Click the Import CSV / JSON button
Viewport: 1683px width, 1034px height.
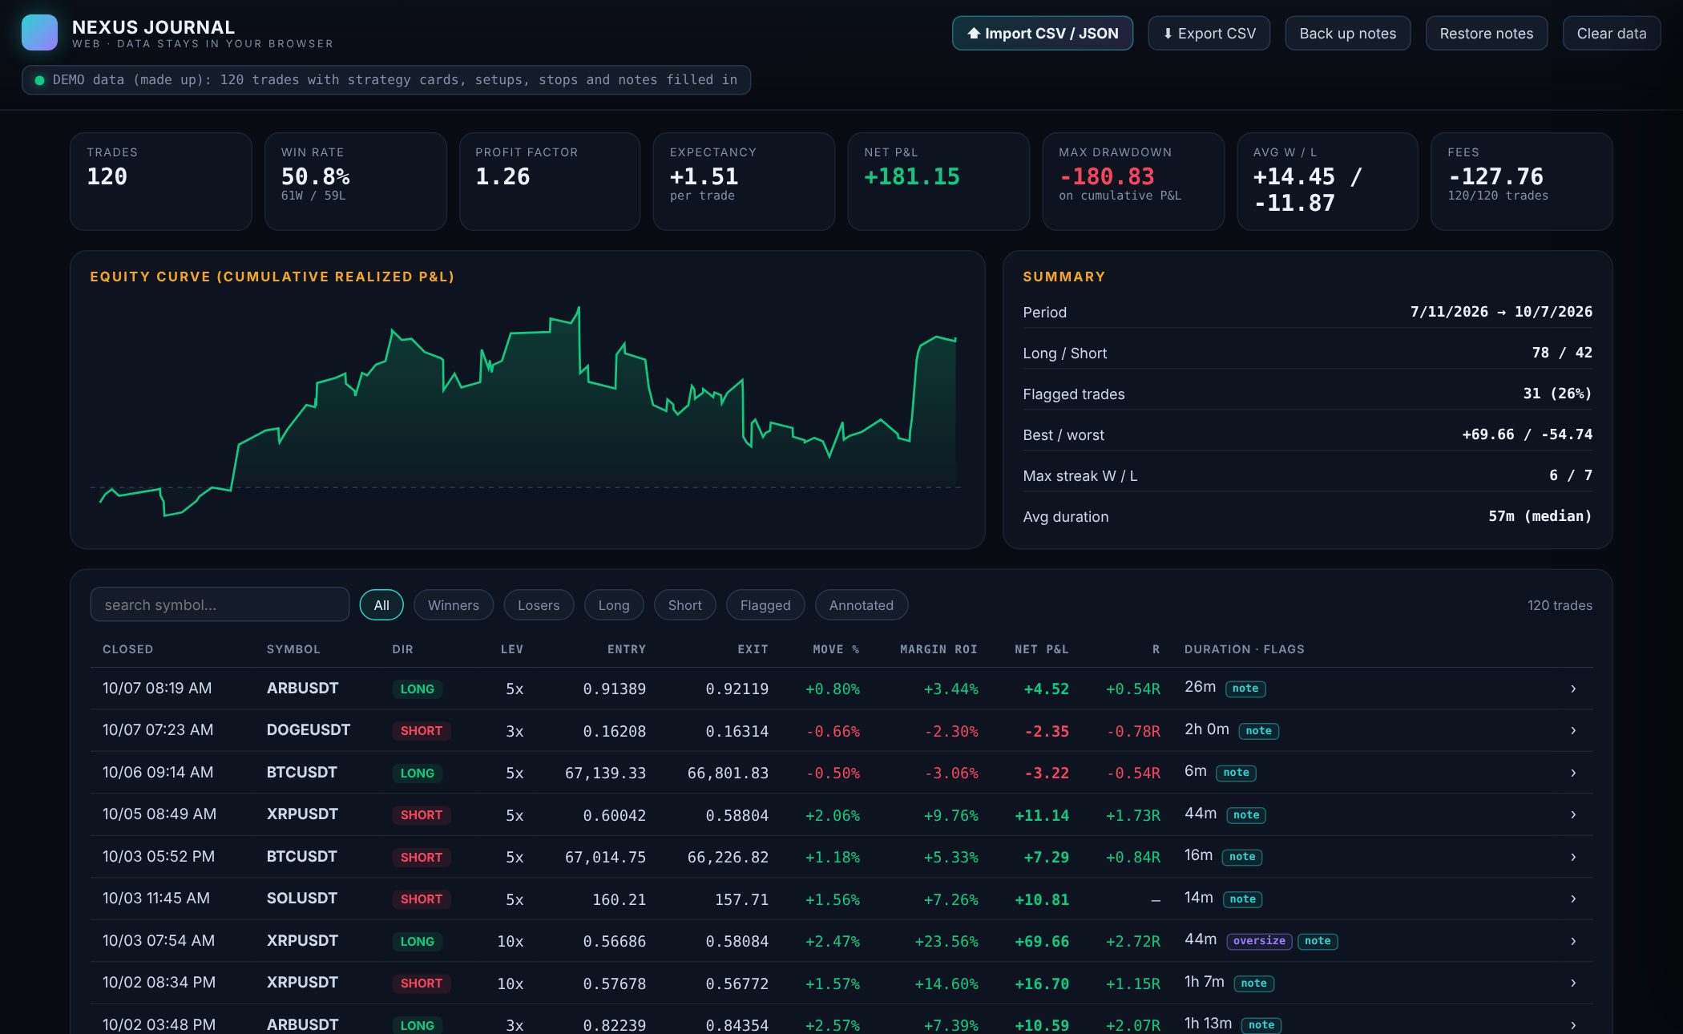pyautogui.click(x=1042, y=34)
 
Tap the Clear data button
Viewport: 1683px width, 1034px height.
pyautogui.click(x=1611, y=34)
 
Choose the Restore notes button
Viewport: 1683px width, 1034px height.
pyautogui.click(x=1486, y=34)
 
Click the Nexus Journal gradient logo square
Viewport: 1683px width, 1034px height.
pyautogui.click(x=39, y=33)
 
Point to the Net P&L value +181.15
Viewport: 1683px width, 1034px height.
pyautogui.click(x=911, y=176)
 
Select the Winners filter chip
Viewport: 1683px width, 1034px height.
pyautogui.click(x=453, y=605)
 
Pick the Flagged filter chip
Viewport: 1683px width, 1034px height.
pyautogui.click(x=765, y=605)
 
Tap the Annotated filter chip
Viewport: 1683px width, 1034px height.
pyautogui.click(x=861, y=605)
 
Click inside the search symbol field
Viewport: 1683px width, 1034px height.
pyautogui.click(x=219, y=604)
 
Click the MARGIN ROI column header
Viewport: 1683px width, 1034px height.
pyautogui.click(x=938, y=649)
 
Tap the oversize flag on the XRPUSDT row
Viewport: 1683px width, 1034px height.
pyautogui.click(x=1258, y=941)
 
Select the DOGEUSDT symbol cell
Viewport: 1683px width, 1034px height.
pyautogui.click(x=309, y=730)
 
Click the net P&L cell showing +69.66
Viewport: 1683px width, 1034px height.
pyautogui.click(x=1042, y=941)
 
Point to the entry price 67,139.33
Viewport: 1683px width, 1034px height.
pyautogui.click(x=605, y=773)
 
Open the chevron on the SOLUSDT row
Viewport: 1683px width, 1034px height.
pyautogui.click(x=1573, y=899)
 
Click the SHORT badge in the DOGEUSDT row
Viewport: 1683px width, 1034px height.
pyautogui.click(x=421, y=731)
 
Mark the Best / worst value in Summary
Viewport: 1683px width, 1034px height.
pyautogui.click(x=1527, y=434)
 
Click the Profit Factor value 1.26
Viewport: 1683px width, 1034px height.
pyautogui.click(x=502, y=176)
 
